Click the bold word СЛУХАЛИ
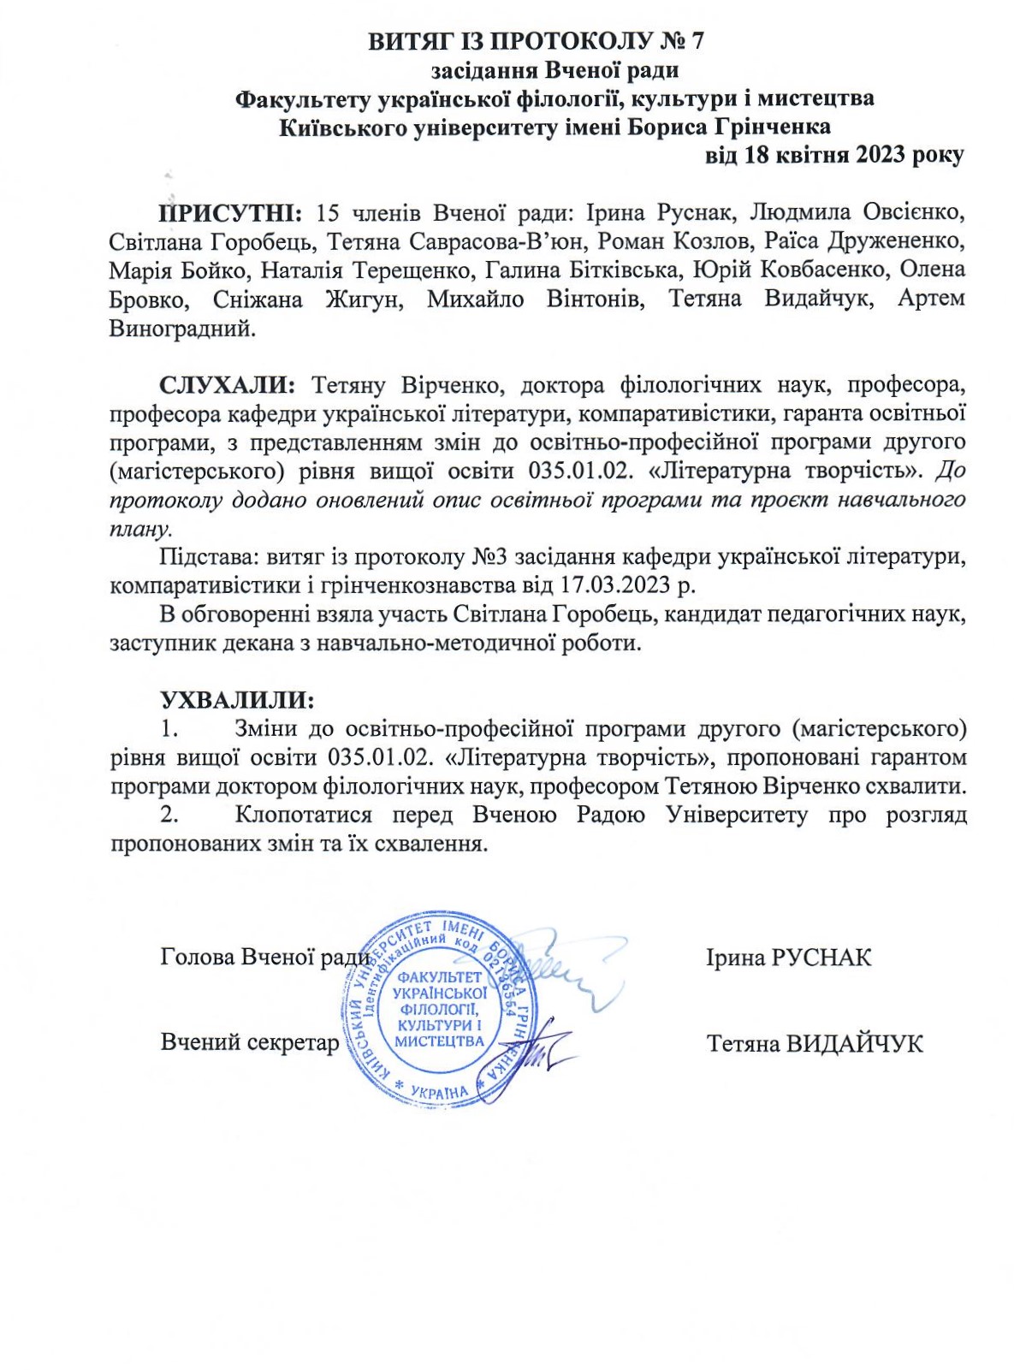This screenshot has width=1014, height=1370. pos(228,385)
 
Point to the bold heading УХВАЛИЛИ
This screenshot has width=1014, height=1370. pos(238,700)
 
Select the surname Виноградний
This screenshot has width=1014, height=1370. pos(182,328)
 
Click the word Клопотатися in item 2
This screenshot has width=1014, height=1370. pos(304,815)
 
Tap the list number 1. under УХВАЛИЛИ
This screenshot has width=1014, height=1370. pos(169,729)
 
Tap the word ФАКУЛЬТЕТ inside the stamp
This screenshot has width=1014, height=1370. pos(439,977)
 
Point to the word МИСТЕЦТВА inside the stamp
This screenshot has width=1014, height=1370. pos(439,1041)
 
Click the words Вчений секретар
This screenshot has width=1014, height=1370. pos(250,1042)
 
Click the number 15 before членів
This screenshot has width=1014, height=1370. pos(328,212)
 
